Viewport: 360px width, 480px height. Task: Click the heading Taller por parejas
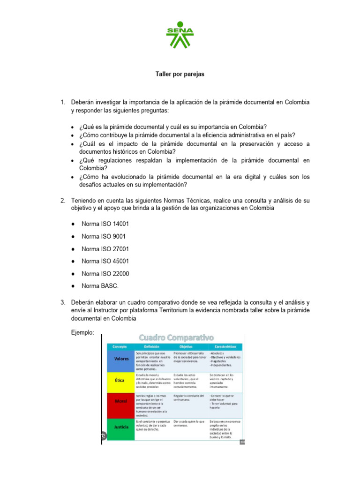click(180, 75)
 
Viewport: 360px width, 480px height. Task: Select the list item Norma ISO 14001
click(105, 224)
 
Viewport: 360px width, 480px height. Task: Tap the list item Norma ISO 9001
click(103, 236)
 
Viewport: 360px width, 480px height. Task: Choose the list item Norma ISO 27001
click(105, 249)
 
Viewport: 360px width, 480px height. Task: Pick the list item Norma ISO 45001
click(105, 261)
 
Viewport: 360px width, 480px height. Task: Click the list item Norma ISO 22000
click(105, 273)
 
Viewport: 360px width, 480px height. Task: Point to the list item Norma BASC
click(100, 285)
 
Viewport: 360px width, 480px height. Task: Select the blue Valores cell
click(121, 359)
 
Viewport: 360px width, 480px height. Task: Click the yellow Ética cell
click(120, 380)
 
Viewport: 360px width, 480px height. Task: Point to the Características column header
click(225, 346)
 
